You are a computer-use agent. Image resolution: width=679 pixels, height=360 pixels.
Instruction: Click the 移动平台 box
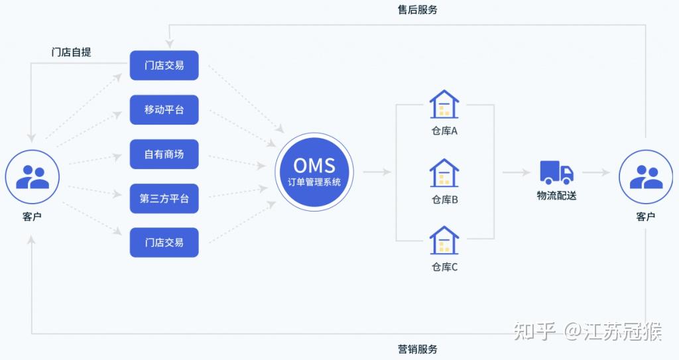[x=164, y=110]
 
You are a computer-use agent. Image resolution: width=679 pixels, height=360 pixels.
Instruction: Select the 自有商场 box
[x=164, y=154]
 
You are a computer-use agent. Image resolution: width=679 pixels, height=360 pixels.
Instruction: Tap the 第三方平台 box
[x=164, y=198]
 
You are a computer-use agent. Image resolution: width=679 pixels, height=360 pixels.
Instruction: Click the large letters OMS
[x=314, y=164]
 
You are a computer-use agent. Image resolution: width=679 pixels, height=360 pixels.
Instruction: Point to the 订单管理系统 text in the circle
[x=314, y=182]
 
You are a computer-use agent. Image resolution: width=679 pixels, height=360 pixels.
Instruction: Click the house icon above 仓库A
[x=444, y=105]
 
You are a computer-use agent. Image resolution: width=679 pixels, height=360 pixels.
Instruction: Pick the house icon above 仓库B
[x=444, y=172]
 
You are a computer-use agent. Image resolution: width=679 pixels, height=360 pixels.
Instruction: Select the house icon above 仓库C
[x=444, y=241]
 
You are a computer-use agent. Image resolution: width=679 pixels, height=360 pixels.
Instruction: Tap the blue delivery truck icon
[x=556, y=172]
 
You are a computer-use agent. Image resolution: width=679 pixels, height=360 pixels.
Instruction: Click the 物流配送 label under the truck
[x=556, y=196]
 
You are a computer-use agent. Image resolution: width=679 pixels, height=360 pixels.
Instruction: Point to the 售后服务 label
[x=418, y=10]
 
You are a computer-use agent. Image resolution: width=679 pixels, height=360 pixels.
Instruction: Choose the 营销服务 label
[x=418, y=349]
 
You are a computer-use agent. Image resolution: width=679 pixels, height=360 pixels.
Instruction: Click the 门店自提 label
[x=71, y=52]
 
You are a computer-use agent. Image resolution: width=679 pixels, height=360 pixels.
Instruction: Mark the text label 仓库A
[x=444, y=131]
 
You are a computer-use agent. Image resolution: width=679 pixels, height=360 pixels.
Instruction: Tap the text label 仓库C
[x=444, y=267]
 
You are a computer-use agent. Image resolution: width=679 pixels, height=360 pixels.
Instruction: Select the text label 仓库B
[x=444, y=199]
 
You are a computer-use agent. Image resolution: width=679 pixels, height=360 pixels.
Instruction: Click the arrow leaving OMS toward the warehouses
[x=377, y=172]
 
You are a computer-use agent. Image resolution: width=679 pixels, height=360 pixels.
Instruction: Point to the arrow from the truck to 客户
[x=597, y=172]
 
